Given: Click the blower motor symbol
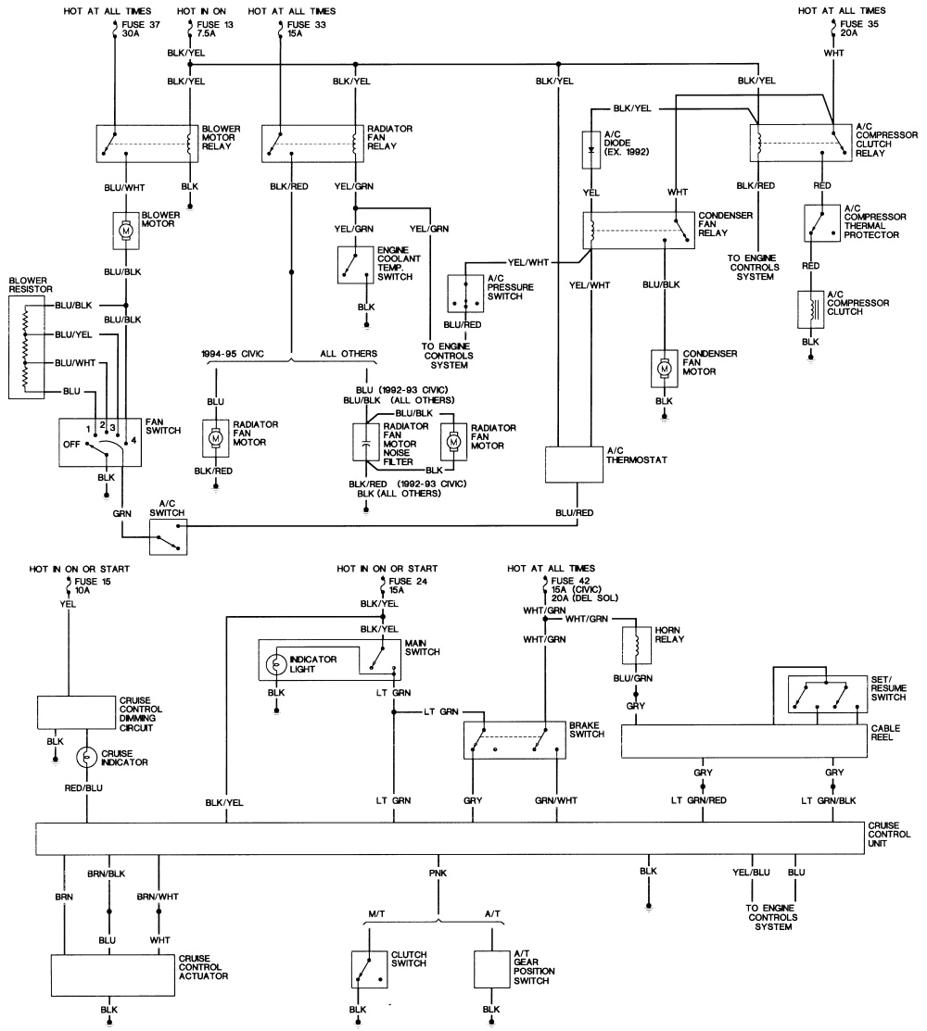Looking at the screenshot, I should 124,229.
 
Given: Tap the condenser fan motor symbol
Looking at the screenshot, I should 664,368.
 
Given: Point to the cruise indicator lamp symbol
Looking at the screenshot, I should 87,756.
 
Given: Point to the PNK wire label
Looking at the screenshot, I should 437,874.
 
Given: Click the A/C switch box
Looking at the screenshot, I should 169,536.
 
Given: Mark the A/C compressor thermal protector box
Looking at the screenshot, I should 822,222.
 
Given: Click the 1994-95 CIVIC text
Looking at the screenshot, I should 233,354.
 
